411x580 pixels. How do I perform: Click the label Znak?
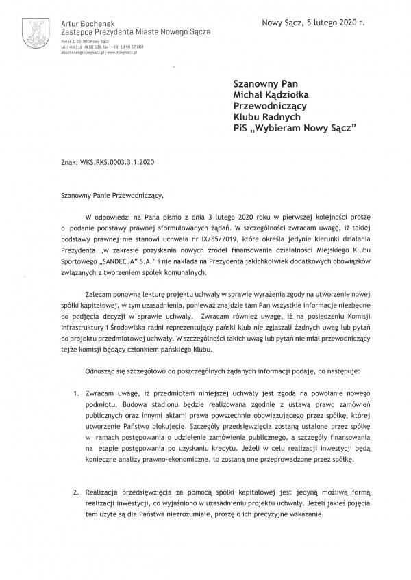(69, 163)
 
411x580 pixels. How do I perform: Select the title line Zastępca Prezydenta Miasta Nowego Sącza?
(136, 32)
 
